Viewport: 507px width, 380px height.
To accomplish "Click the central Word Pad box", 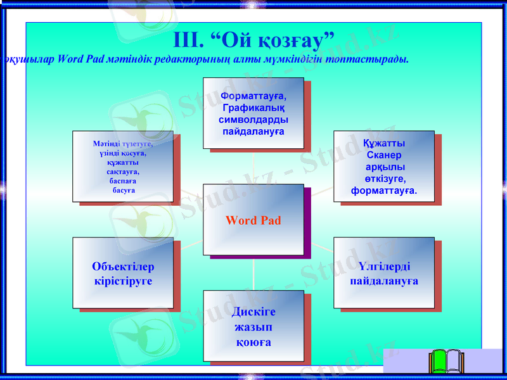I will [x=253, y=220].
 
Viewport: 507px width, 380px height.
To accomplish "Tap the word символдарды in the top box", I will [x=253, y=120].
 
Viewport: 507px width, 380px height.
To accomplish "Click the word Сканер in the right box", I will [x=384, y=155].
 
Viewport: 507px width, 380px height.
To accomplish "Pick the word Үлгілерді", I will [x=384, y=267].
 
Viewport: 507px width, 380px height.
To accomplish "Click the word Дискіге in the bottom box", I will [x=253, y=312].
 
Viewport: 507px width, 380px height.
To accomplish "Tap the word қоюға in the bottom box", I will [x=253, y=342].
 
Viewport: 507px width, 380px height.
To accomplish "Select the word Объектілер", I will [x=123, y=267].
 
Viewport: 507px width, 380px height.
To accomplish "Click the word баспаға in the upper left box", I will [x=123, y=180].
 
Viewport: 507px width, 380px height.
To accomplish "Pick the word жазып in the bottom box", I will [x=253, y=327].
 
